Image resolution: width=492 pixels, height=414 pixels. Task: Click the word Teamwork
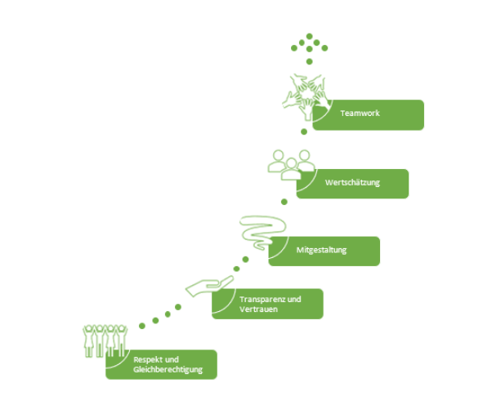tap(360, 114)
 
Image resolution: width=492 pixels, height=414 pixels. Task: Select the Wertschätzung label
tap(352, 183)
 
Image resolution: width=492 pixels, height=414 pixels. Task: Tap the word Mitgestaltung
tap(321, 250)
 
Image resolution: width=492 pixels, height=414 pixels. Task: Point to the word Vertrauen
tap(259, 309)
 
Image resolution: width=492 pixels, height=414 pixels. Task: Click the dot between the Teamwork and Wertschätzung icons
tap(304, 131)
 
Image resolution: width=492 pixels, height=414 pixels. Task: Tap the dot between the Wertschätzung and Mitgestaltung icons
tap(284, 201)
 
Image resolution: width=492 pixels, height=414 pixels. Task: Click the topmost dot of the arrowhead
tap(310, 36)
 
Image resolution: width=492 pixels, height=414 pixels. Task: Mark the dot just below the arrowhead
tap(310, 61)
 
